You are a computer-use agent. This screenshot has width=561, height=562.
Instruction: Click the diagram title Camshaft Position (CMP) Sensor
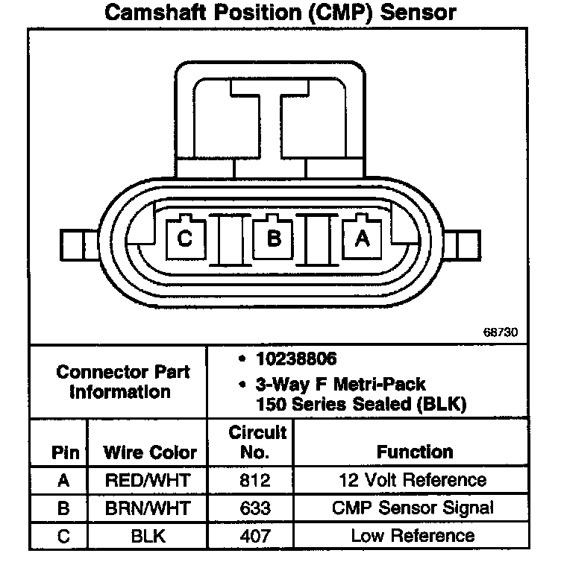tap(280, 13)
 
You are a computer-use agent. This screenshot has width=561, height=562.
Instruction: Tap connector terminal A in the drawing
tap(363, 239)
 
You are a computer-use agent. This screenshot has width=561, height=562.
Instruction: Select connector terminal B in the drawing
tap(274, 239)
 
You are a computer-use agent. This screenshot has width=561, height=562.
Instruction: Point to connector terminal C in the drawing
tap(185, 239)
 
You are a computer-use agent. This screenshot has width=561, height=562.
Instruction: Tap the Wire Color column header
tap(150, 452)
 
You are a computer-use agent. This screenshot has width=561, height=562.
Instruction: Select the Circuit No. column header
tap(257, 442)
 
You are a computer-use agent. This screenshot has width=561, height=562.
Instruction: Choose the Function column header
tap(414, 452)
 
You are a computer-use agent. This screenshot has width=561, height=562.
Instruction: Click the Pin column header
tap(63, 452)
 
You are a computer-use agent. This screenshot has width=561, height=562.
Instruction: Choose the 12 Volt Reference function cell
tap(413, 481)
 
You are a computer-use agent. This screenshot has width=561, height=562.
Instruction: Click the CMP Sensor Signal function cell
tap(413, 508)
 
